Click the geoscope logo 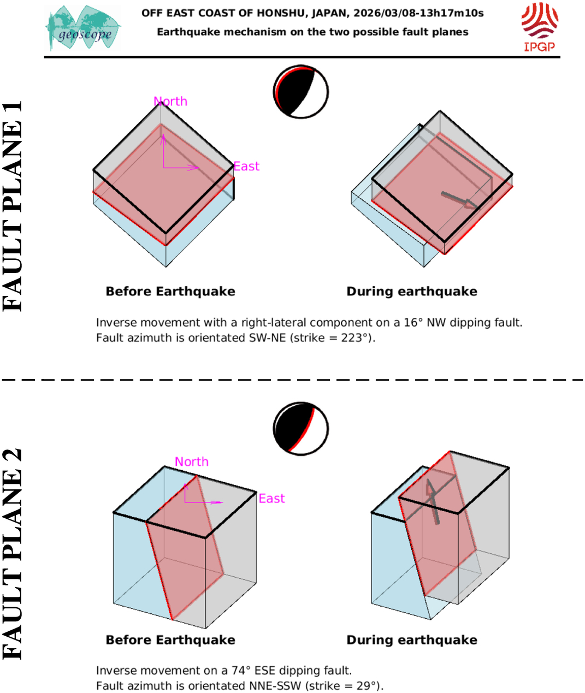[x=83, y=28]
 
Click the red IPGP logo [x=539, y=27]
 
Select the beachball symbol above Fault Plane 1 [x=301, y=92]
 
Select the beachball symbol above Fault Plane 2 [x=301, y=429]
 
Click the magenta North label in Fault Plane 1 [x=170, y=101]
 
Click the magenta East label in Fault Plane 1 [x=246, y=166]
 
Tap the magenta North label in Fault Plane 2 [x=192, y=461]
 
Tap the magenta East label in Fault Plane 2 [x=271, y=498]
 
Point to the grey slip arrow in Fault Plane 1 [x=460, y=200]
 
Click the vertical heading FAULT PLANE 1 [x=13, y=206]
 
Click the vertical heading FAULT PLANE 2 [x=13, y=554]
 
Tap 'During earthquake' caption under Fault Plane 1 [x=412, y=292]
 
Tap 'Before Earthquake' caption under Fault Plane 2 [x=170, y=640]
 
